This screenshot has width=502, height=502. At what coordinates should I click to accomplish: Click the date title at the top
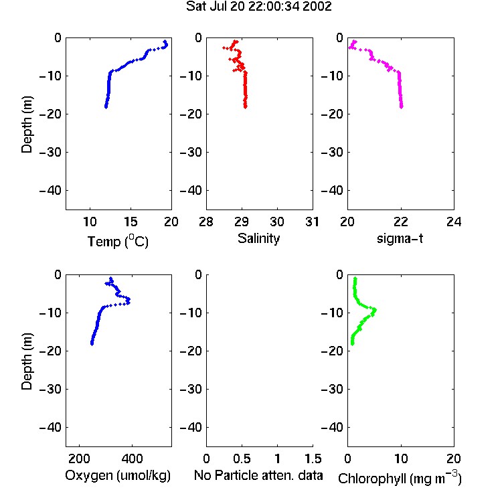[x=258, y=7]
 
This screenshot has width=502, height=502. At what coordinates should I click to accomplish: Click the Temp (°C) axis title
[x=118, y=241]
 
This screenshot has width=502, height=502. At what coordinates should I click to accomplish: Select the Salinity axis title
[x=258, y=238]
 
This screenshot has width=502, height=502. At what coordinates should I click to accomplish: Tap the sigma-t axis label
[x=400, y=238]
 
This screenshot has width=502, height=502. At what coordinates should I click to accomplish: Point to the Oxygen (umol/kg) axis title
[x=118, y=476]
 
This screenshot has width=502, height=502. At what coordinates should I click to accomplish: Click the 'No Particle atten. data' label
[x=258, y=475]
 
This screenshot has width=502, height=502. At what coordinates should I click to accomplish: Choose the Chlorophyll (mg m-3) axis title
[x=400, y=478]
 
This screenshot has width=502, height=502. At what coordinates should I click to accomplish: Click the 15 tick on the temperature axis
[x=131, y=222]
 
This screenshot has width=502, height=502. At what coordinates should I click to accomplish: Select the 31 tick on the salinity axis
[x=312, y=222]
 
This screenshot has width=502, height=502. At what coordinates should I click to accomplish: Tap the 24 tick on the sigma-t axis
[x=454, y=222]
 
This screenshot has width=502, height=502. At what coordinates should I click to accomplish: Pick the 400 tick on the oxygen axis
[x=132, y=458]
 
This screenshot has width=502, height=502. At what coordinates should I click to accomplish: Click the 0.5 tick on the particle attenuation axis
[x=242, y=458]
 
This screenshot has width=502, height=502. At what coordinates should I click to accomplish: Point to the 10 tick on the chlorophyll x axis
[x=401, y=458]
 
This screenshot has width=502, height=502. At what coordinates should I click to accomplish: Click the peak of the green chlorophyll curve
[x=375, y=310]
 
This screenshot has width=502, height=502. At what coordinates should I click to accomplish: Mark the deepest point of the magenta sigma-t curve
[x=402, y=107]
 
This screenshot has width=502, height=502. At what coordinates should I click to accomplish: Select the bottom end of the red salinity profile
[x=245, y=107]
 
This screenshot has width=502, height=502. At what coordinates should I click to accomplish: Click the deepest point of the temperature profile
[x=106, y=107]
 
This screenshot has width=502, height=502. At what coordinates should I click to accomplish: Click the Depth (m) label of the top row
[x=27, y=124]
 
